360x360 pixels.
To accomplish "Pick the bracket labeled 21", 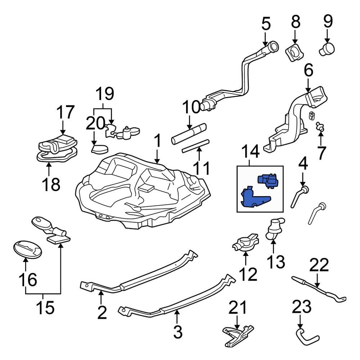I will click(x=238, y=335).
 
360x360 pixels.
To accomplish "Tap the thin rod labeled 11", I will click(x=196, y=145).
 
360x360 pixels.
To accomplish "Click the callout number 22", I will click(x=319, y=266).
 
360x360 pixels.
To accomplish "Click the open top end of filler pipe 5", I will click(x=273, y=47).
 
